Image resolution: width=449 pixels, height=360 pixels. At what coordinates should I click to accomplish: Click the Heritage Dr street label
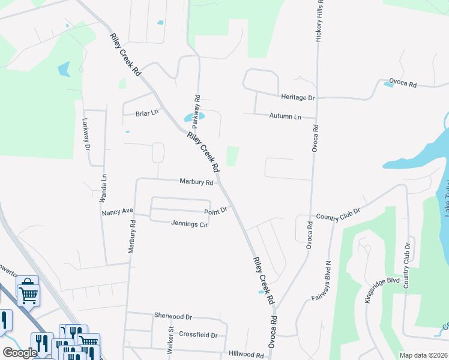pos(298,97)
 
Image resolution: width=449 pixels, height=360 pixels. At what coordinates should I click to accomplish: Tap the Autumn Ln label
pos(285,116)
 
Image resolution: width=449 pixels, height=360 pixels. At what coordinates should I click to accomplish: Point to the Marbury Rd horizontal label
pos(196,182)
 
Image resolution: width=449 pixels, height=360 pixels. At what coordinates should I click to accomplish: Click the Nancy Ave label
pos(117,212)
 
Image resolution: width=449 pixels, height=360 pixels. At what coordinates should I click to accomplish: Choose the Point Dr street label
pos(215,210)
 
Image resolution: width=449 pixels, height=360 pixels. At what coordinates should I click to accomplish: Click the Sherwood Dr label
pos(173,316)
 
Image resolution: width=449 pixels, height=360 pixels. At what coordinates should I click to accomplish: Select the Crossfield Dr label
pos(197,334)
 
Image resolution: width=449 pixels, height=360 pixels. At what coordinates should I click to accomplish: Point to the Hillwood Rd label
pos(246,355)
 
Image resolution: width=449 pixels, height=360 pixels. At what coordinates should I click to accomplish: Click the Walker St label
pos(170,340)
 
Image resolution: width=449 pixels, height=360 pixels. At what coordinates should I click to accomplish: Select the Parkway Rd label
pos(195,112)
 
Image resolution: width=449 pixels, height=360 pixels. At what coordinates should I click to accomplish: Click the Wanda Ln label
pos(103,186)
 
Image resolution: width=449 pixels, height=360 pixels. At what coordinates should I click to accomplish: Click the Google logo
pos(20,353)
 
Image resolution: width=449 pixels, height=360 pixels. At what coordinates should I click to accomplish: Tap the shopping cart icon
pos(28,293)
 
